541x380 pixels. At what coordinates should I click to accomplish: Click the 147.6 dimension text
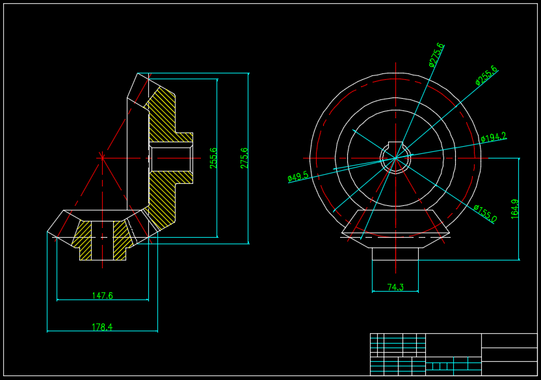click(x=102, y=296)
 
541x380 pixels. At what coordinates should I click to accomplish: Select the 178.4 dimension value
click(x=102, y=327)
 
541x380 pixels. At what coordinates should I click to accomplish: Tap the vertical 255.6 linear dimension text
click(x=214, y=158)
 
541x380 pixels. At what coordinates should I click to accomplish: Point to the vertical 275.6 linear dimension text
click(x=244, y=158)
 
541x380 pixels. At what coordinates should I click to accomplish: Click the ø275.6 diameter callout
click(x=436, y=55)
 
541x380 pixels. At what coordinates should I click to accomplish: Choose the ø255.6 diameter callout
click(x=486, y=75)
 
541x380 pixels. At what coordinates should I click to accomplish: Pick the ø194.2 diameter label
click(x=494, y=138)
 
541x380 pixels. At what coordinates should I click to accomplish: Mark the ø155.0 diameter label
click(x=485, y=214)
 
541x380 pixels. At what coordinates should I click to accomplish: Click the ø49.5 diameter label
click(x=298, y=176)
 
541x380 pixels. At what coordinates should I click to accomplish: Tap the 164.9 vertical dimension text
click(x=515, y=209)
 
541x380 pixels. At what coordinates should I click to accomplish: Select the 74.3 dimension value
click(x=395, y=287)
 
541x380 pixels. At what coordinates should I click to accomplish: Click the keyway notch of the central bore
click(x=395, y=146)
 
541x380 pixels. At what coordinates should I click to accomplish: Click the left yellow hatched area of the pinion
click(x=83, y=240)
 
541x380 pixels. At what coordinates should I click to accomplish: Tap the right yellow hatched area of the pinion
click(x=121, y=238)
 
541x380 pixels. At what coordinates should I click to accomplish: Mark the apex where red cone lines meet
click(x=102, y=157)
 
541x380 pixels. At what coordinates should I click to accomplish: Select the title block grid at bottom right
click(x=453, y=354)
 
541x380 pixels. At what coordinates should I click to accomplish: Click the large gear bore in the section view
click(x=171, y=158)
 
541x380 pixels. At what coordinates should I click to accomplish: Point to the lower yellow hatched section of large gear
click(x=163, y=198)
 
